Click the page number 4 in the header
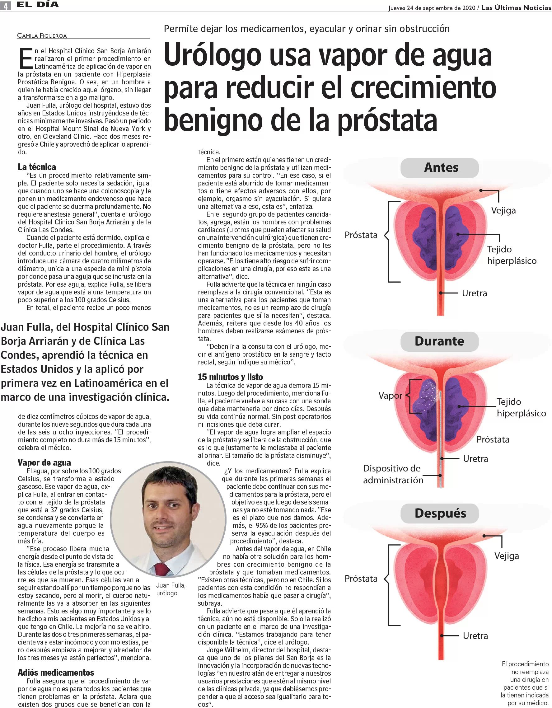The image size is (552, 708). [x=6, y=6]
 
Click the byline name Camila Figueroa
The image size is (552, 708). [x=42, y=36]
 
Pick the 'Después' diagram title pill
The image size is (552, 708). [x=440, y=513]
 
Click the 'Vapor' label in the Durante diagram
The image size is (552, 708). [x=390, y=396]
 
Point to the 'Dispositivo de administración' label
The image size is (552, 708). [x=393, y=474]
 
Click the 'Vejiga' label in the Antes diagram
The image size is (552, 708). [x=503, y=210]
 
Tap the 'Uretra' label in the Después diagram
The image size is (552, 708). [x=475, y=636]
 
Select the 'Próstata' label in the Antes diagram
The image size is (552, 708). [x=361, y=235]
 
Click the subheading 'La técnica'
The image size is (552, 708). [x=37, y=167]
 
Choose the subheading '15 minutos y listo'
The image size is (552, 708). [x=231, y=377]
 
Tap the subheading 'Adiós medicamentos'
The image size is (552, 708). [x=56, y=673]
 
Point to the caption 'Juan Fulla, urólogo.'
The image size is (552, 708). [x=171, y=589]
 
